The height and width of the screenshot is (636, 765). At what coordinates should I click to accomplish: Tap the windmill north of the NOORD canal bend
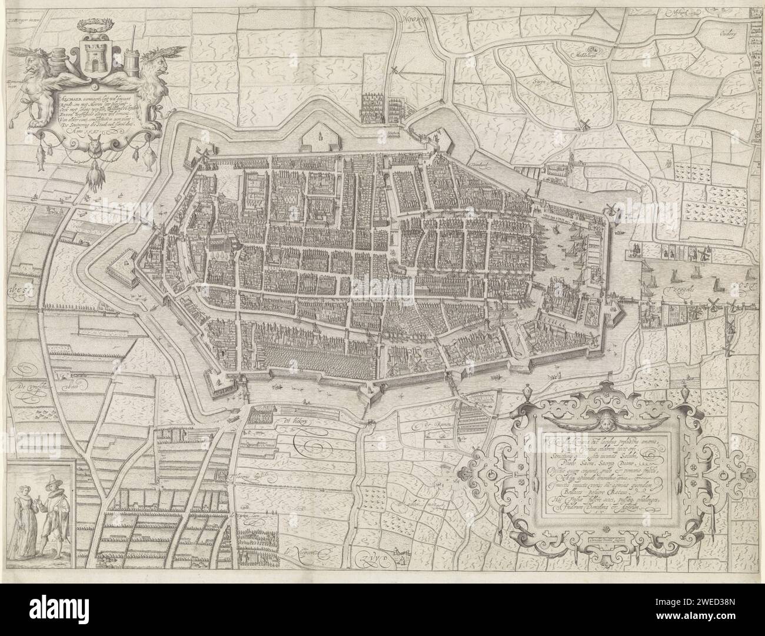tap(395, 70)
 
